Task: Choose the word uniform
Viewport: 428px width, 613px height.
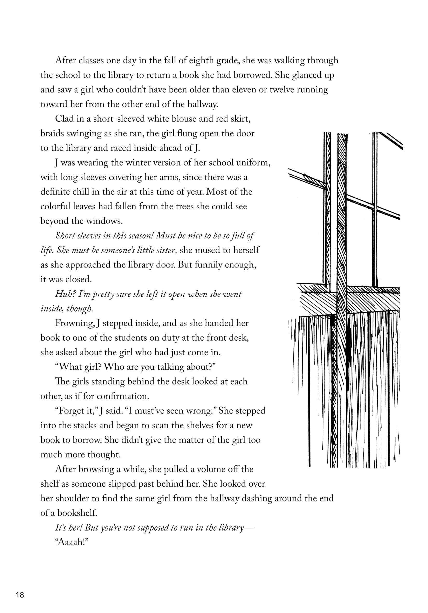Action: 253,163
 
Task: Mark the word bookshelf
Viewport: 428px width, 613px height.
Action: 77,513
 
